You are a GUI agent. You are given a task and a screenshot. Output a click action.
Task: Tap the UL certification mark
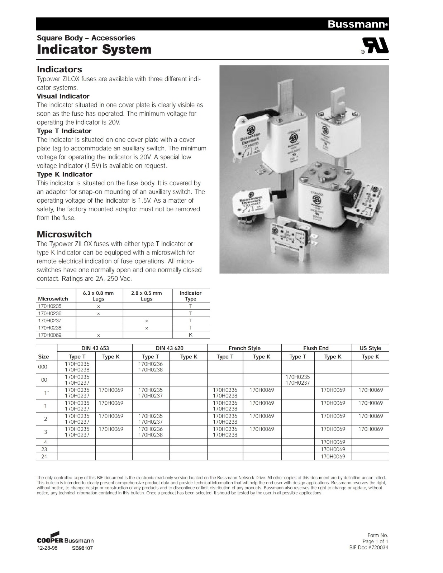point(375,45)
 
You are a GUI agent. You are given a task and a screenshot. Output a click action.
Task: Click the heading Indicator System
point(94,49)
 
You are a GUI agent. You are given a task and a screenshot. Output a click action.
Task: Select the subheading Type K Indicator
point(65,174)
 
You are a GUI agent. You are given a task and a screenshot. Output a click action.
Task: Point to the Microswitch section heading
point(64,235)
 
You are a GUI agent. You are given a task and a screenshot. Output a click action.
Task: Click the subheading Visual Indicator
point(63,96)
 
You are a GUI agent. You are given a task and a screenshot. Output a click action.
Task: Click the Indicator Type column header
point(190,296)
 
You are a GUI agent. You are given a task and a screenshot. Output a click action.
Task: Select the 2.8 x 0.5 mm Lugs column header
point(146,296)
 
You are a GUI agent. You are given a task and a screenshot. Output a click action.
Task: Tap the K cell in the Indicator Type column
point(191,335)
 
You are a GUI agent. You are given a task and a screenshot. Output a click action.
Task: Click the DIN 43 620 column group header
point(170,348)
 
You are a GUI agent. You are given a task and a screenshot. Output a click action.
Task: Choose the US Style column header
point(370,348)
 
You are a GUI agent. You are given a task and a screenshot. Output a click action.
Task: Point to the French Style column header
point(244,348)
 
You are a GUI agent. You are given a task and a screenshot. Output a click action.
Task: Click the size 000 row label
point(43,367)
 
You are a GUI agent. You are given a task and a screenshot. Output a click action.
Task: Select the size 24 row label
point(44,457)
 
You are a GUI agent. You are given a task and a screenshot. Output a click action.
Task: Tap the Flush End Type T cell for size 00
point(297,380)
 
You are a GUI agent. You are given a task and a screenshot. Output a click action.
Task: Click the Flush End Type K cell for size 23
point(333,449)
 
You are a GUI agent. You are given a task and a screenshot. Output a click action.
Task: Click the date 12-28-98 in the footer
point(47,548)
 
